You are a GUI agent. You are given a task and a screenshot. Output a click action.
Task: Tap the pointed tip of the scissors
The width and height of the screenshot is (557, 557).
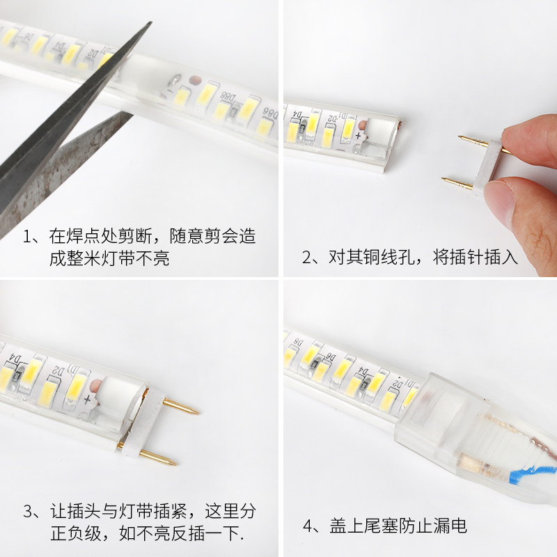pos(150,23)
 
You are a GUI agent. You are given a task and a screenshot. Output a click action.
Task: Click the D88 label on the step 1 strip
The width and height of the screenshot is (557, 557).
pos(228,97)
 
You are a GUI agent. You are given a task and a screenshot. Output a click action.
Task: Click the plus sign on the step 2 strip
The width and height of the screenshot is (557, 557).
pos(358,135)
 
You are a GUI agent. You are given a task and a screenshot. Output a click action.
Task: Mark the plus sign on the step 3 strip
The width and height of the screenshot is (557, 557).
pos(87,400)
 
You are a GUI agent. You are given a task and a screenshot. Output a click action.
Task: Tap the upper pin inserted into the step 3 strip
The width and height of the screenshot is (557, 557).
pos(180,407)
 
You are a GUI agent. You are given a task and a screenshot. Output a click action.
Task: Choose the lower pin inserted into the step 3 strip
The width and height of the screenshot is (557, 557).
pos(158,457)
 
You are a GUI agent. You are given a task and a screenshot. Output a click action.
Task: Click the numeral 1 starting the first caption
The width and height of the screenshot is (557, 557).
pos(27,237)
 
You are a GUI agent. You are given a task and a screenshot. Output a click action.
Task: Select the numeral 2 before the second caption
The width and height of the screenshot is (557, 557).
pos(306,258)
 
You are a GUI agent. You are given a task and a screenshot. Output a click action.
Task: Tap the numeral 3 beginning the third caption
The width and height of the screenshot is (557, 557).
pos(28,512)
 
